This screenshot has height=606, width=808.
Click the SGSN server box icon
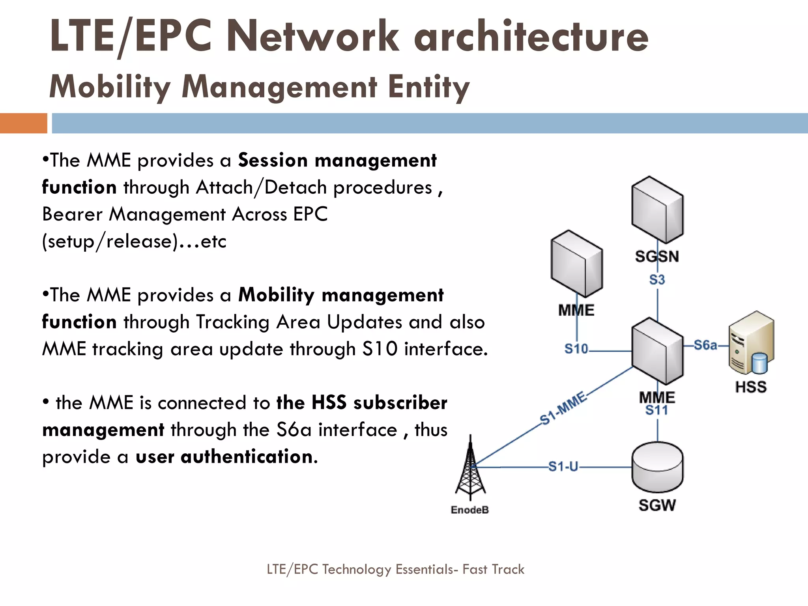[657, 209]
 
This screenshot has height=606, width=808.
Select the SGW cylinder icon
[657, 467]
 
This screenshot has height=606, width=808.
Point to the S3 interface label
[657, 280]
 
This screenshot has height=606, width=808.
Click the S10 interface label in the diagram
[576, 349]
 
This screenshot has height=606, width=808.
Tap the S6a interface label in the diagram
[705, 345]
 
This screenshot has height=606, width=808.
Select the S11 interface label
[657, 411]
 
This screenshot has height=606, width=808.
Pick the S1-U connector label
[563, 467]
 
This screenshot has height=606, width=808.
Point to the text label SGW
[657, 505]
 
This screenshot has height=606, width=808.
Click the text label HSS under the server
[751, 387]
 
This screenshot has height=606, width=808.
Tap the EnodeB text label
[469, 510]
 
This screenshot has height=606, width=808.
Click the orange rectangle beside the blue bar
[23, 123]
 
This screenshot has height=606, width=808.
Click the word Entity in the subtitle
[428, 87]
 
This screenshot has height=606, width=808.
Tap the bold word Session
[273, 160]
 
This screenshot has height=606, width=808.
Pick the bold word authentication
[247, 456]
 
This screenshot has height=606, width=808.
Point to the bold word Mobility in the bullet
[276, 295]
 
